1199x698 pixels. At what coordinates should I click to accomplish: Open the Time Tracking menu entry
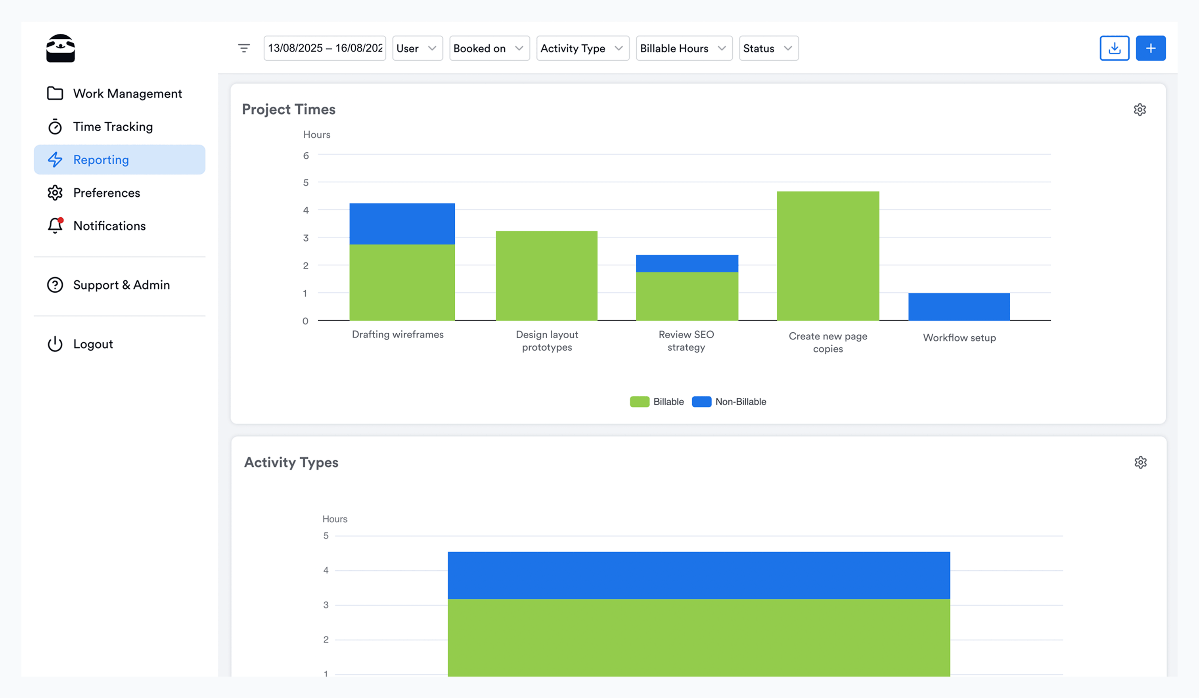112,127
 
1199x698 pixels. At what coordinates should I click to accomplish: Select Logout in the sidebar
93,344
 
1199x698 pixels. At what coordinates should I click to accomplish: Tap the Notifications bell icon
55,226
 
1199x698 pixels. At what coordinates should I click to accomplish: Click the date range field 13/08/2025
324,48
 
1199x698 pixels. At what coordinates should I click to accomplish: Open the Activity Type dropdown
582,48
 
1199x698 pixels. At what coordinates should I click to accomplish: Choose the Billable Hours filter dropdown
684,48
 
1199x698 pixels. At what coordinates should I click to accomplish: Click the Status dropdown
768,48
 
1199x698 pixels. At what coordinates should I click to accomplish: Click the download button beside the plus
1114,48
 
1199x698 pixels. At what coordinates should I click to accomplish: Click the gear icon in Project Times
1140,109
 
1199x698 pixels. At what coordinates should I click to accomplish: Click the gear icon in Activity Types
1140,462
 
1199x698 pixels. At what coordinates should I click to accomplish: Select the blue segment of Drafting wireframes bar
402,224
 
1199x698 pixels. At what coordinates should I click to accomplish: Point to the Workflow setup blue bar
959,307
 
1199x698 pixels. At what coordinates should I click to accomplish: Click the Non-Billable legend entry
730,402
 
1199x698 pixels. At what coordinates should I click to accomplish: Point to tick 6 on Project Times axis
306,155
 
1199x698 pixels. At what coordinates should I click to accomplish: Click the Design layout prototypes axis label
547,341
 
